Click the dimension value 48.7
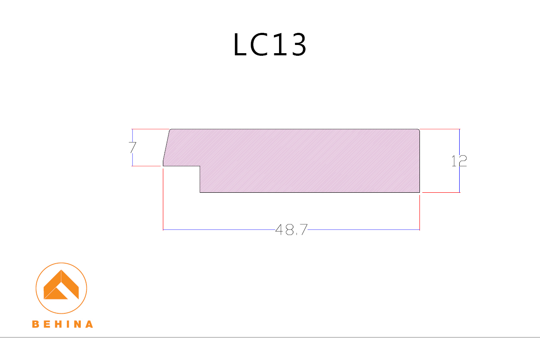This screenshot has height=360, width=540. pos(291,230)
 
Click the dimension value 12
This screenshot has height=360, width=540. pos(459,161)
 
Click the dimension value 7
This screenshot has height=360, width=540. pos(132,148)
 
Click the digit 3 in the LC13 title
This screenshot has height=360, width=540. pos(298,45)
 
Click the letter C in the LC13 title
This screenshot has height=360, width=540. pos(259,45)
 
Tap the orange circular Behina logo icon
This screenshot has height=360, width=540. pos(61,288)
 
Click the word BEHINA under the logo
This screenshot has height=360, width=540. pos(62,324)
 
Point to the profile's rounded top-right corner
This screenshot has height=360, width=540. pos(419,130)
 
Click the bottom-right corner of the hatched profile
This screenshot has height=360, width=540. pos(419,192)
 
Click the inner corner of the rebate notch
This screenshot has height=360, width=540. pos(200,166)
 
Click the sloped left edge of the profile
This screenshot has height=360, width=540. pos(166,147)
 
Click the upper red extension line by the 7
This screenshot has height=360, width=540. pos(149,129)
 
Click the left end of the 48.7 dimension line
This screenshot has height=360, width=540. pos(163,229)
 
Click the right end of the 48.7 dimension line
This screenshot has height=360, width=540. pos(419,229)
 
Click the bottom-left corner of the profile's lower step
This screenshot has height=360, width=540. pos(200,192)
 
